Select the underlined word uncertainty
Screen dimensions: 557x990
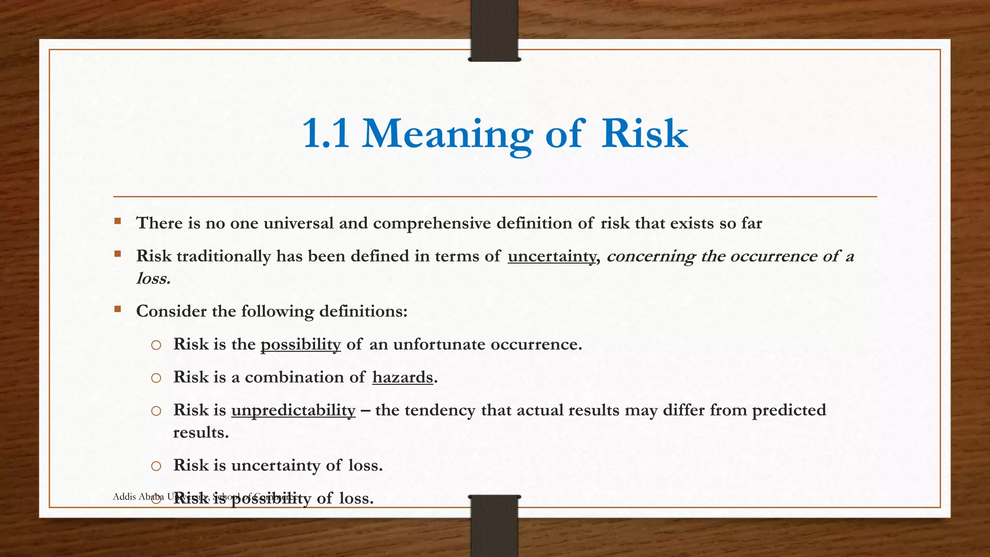[x=552, y=256]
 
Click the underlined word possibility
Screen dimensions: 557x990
[x=301, y=344]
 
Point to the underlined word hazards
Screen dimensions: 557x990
[x=403, y=377]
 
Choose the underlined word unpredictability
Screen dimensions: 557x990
[x=293, y=410]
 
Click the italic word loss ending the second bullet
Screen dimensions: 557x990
[x=153, y=278]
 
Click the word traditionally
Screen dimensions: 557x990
[x=224, y=256]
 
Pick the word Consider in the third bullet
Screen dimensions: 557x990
[x=172, y=311]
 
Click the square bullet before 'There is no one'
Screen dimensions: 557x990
[x=117, y=221]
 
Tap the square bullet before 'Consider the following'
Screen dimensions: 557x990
[x=117, y=309]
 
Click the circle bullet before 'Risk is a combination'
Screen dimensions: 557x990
[x=156, y=378]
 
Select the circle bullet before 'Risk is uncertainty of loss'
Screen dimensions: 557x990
[x=156, y=466]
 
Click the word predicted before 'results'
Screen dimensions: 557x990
[x=789, y=410]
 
